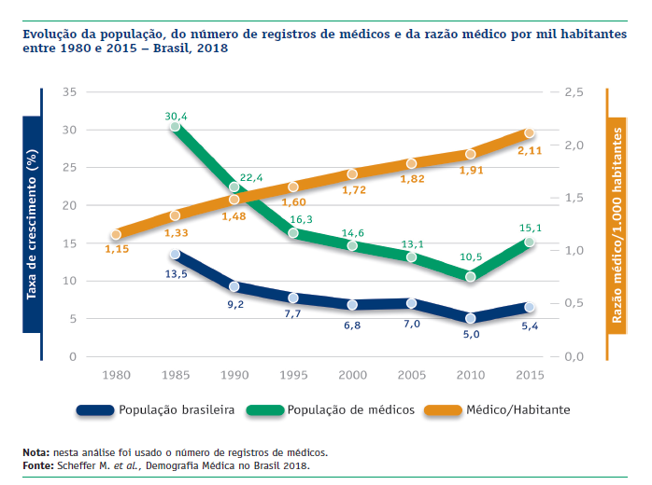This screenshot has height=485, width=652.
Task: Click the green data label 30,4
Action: [176, 117]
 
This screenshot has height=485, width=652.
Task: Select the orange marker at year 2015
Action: [529, 133]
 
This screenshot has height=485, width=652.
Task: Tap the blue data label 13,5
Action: [176, 275]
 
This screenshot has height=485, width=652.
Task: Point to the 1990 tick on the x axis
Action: [234, 374]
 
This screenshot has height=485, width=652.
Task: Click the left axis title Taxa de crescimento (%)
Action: [31, 211]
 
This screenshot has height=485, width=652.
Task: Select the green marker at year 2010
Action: [470, 277]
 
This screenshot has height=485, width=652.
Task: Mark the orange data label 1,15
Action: [117, 250]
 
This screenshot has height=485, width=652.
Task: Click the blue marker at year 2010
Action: [470, 318]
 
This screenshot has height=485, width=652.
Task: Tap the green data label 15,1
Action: [530, 227]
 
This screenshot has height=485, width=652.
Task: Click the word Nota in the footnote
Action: [36, 452]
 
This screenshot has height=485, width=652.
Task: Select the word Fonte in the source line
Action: [38, 464]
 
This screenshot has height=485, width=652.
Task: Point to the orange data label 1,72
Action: [352, 190]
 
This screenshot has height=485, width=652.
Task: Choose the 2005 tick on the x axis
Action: [411, 374]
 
